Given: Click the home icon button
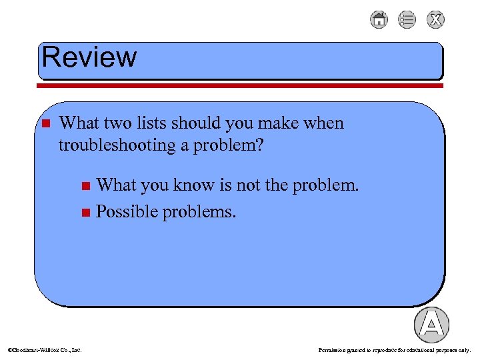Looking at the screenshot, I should [379, 20].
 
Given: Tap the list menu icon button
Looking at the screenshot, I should [407, 20].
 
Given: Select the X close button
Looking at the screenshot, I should [435, 20].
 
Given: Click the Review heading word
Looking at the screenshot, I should [89, 58].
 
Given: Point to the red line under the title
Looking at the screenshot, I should [240, 85].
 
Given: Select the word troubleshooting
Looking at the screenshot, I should [117, 145].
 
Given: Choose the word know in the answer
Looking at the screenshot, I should [194, 185].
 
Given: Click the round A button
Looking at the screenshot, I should [431, 325].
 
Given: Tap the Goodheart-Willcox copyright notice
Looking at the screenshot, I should [44, 349].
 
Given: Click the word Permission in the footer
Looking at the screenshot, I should [333, 349].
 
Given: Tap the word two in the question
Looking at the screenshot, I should [121, 123].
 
